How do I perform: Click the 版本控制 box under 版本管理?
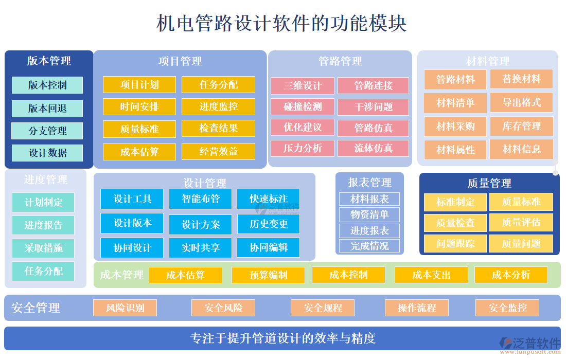pos(47,85)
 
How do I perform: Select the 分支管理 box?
pos(47,131)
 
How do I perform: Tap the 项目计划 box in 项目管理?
pos(139,85)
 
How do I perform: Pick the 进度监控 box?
pos(218,107)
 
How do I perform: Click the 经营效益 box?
pos(218,152)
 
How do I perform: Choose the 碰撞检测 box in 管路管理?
pos(303,107)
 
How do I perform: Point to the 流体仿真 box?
pos(373,149)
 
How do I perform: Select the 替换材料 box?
pos(521,79)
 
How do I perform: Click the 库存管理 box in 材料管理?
pos(521,126)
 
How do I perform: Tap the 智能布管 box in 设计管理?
pos(201,199)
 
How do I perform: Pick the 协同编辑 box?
pos(268,248)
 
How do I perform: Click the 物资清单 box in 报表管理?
pos(369,214)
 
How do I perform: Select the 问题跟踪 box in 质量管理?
pos(455,243)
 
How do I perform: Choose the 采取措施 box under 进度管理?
pos(43,248)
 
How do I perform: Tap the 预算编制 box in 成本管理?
pos(268,275)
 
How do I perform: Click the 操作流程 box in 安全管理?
pos(416,308)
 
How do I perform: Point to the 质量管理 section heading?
pos(489,183)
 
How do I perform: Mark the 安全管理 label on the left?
pos(36,308)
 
